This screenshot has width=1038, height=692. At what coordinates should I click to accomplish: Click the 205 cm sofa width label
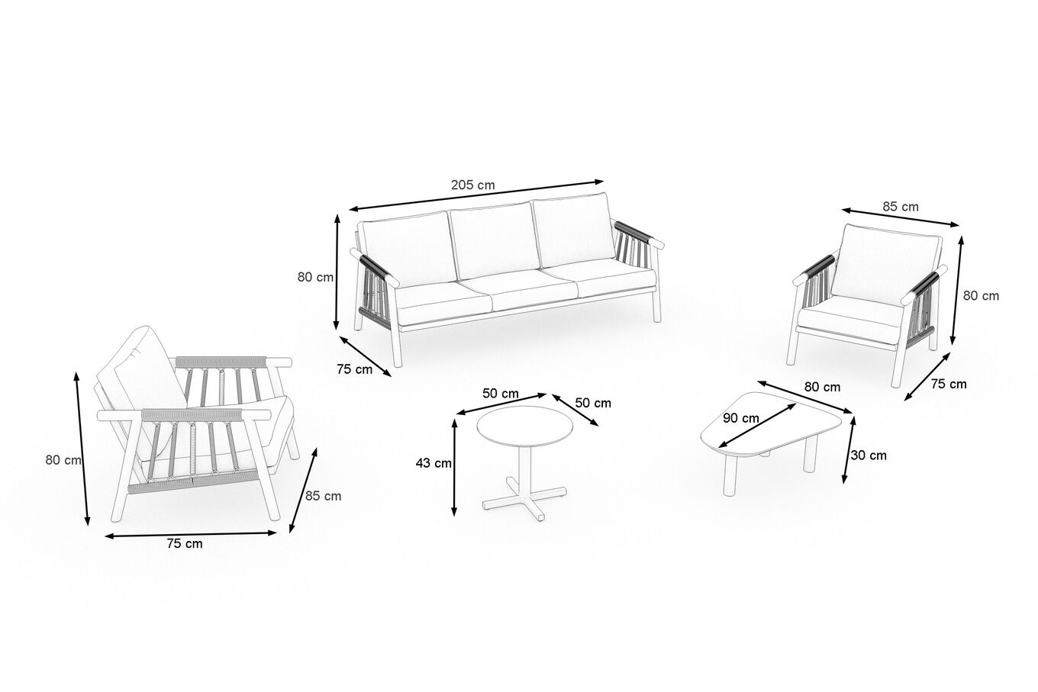472,185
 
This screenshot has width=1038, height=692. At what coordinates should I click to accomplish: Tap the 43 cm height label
434,462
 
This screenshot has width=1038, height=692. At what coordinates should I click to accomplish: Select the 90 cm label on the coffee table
741,418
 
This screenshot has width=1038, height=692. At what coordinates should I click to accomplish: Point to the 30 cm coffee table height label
869,455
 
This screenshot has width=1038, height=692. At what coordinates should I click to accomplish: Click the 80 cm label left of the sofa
315,277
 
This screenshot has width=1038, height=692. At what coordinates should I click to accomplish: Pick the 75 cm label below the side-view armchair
185,544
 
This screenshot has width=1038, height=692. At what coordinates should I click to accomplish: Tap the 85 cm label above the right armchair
901,207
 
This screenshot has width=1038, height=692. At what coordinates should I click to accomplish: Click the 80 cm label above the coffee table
822,387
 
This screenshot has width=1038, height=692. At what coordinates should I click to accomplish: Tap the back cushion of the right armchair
886,265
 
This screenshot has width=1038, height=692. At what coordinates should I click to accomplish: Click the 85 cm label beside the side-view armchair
323,496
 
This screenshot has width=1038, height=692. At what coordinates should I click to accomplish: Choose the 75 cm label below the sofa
354,369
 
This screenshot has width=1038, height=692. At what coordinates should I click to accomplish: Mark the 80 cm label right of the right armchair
981,295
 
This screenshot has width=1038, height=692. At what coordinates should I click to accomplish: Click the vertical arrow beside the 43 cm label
455,467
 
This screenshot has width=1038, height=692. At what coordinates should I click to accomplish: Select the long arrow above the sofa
476,195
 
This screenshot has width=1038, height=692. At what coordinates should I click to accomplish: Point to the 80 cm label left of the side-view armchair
63,460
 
